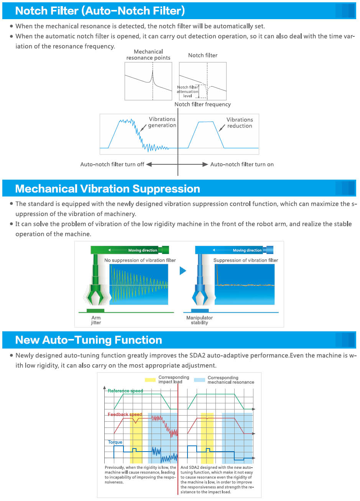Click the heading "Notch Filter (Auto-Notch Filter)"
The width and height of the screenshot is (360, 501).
click(100, 11)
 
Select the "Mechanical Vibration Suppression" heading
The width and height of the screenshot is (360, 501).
click(107, 189)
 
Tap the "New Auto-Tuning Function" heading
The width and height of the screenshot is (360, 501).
click(89, 340)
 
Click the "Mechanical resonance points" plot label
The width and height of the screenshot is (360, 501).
click(148, 55)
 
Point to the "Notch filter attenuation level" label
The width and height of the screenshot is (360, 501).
click(187, 92)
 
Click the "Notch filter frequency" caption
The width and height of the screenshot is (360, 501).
click(202, 104)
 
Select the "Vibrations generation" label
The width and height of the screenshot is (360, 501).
click(162, 122)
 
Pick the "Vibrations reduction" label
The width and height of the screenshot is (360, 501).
click(240, 123)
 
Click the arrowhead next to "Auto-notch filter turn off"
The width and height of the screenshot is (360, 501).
click(149, 164)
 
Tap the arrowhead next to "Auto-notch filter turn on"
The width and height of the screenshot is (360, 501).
click(205, 164)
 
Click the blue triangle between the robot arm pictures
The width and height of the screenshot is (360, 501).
click(183, 271)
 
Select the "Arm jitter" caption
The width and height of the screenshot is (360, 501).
click(96, 320)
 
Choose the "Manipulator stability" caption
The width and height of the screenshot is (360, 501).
click(199, 320)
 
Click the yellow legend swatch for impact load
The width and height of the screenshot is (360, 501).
click(150, 380)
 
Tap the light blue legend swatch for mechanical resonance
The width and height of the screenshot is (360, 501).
click(199, 380)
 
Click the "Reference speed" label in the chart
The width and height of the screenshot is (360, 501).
click(125, 391)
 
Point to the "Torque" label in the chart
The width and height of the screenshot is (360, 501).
click(115, 442)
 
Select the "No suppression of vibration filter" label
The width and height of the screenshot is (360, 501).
click(140, 260)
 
